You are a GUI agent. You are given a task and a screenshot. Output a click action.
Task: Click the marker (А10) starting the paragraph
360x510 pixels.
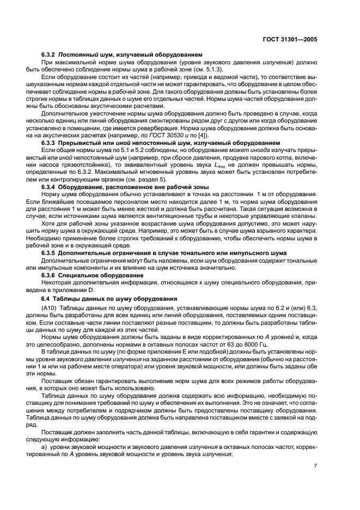point(50,308)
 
